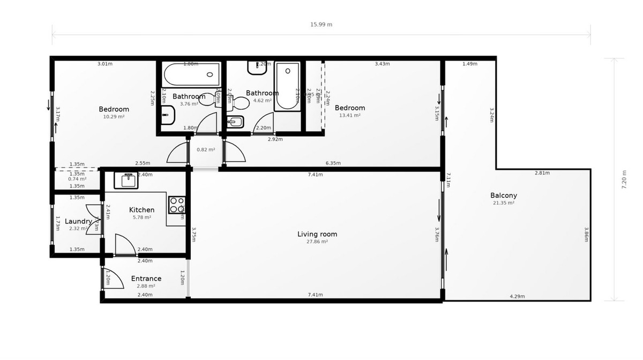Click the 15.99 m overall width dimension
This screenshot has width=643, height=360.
coord(322,25)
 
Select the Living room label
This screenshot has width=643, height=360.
coord(317,234)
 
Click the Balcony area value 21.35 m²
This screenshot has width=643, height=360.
coord(503,203)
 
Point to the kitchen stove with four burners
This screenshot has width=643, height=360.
coord(176,204)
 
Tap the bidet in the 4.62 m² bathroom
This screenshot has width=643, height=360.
coord(235,122)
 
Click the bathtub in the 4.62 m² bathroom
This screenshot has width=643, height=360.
coord(287,87)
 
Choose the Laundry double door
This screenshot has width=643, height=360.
coord(94,220)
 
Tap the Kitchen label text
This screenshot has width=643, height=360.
coord(142,210)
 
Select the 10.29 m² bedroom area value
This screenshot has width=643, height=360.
coord(114,116)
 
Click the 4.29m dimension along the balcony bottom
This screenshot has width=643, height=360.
coord(517,296)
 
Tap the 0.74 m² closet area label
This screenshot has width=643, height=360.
coord(77,179)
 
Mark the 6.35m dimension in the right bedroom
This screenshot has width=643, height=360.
coord(333,163)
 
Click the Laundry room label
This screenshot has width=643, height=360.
coord(78,221)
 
